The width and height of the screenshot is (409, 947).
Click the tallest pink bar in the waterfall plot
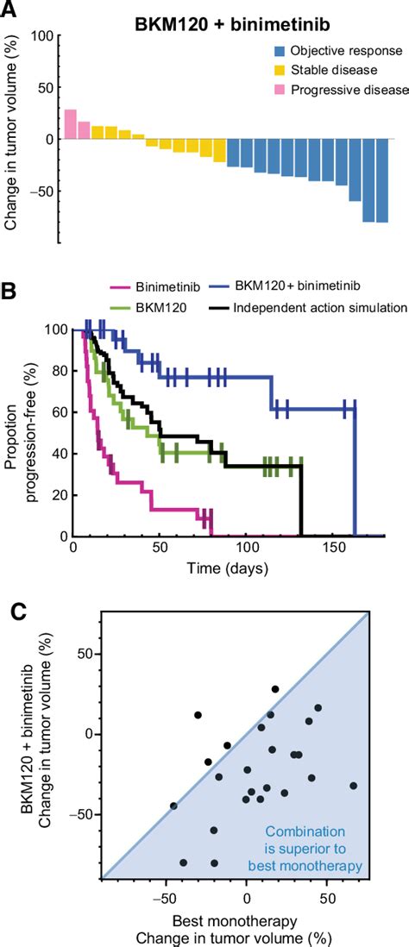coord(70,124)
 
